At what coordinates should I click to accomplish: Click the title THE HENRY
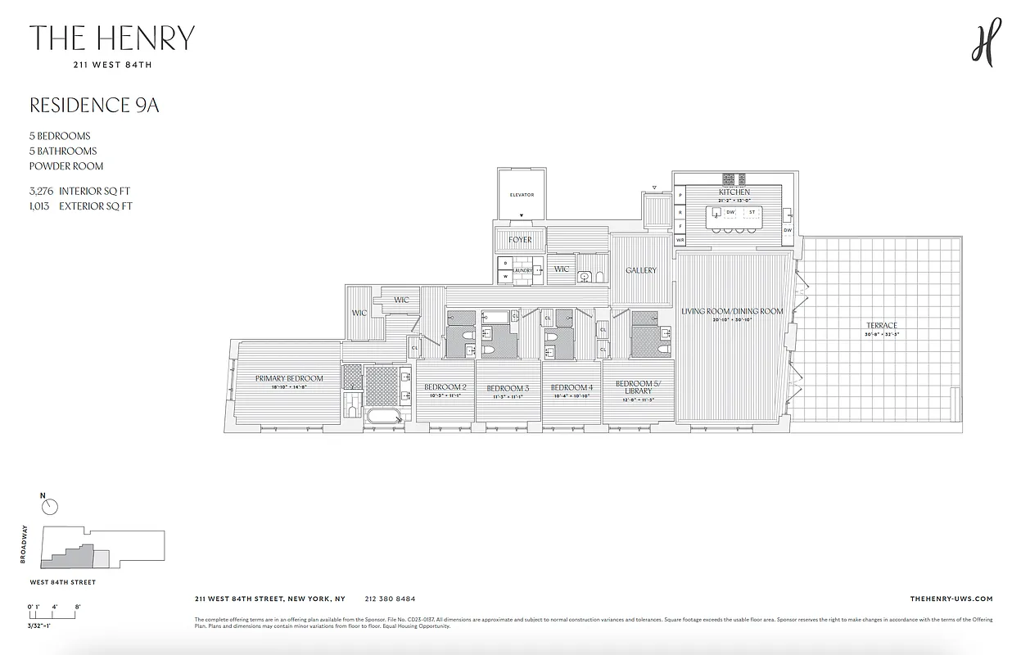112,38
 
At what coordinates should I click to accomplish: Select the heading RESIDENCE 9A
94,106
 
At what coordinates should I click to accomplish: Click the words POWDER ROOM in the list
66,166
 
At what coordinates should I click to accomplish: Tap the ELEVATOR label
522,195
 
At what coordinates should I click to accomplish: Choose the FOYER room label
520,240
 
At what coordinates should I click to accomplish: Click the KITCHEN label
734,192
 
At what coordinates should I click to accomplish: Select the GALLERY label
641,270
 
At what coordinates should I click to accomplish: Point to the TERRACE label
882,326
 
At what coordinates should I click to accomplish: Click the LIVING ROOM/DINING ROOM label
732,311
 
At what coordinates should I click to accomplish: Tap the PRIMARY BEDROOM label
288,378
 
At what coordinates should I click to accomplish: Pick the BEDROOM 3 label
508,388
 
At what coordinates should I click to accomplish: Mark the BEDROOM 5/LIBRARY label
635,386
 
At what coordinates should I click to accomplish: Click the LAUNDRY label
523,270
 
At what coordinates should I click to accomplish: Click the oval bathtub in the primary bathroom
384,416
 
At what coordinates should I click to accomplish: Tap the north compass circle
50,507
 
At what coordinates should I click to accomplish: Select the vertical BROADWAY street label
25,544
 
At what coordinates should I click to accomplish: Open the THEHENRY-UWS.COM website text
951,599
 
